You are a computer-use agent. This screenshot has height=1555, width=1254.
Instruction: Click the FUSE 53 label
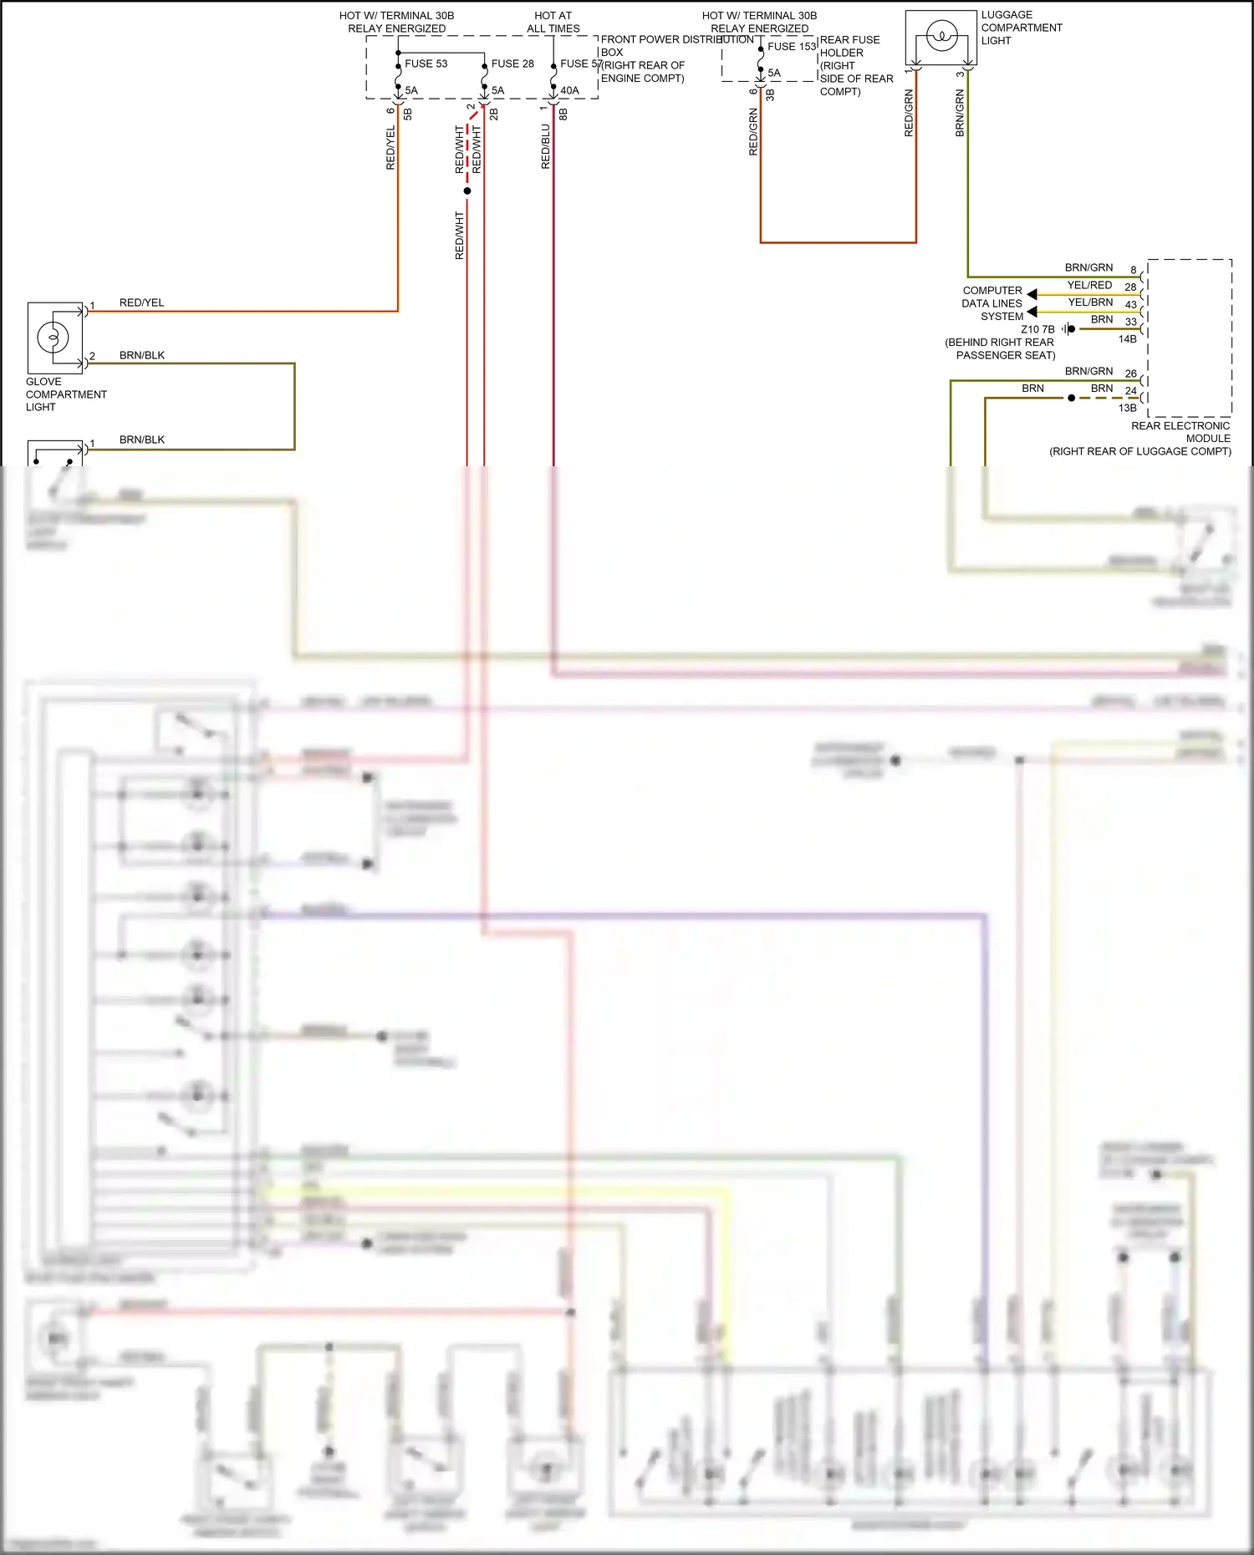426,64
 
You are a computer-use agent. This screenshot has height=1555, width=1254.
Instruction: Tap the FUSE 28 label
512,64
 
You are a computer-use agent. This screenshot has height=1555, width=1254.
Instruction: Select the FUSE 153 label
792,47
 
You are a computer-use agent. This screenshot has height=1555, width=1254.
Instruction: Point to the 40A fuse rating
569,90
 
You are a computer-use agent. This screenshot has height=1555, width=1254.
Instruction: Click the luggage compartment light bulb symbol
942,37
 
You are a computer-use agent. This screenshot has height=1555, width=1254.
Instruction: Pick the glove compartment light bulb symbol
53,338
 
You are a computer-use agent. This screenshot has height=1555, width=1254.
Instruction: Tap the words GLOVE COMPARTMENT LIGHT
66,394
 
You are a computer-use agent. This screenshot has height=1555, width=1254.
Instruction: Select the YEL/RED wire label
1089,285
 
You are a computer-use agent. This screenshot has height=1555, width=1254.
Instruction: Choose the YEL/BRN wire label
1090,302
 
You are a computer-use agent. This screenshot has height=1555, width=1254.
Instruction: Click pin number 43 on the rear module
1130,305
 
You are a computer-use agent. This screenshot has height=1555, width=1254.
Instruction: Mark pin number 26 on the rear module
1130,374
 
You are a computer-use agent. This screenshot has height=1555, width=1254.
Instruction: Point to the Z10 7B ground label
1037,329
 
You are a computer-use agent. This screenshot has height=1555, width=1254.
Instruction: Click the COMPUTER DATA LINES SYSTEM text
992,303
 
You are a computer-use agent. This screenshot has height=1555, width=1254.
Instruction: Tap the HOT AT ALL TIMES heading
553,22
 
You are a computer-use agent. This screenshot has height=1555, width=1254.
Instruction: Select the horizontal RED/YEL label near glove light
141,302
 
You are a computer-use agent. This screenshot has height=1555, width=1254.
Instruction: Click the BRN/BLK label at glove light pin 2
141,355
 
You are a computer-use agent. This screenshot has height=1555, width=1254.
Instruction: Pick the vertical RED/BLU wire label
546,147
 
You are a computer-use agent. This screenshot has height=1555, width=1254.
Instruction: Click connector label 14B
1127,339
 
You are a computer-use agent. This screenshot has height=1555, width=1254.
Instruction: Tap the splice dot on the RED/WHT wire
467,191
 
